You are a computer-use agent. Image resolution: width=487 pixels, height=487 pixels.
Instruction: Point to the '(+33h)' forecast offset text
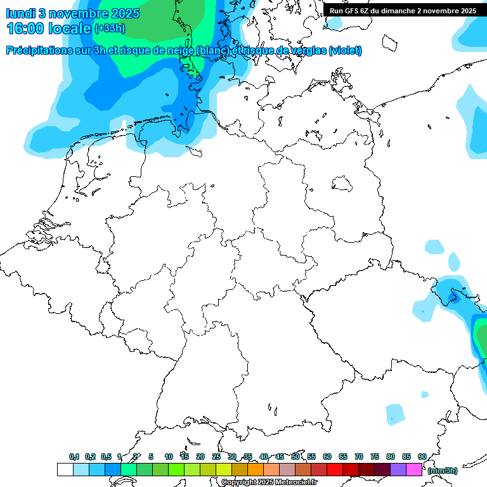(x=110, y=29)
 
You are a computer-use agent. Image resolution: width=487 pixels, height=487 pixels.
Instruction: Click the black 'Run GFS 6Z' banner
(x=403, y=10)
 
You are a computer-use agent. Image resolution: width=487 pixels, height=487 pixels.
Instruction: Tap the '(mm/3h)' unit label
(x=443, y=470)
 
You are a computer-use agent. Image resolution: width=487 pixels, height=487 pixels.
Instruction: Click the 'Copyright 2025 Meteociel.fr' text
(x=269, y=482)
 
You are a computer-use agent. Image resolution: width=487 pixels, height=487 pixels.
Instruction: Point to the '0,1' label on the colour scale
(x=74, y=457)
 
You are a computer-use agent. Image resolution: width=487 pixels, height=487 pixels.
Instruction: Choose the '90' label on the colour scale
(x=422, y=457)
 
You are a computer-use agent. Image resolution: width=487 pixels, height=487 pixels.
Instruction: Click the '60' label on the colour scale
(x=327, y=457)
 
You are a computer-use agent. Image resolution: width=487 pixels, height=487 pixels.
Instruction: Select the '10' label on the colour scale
(x=169, y=457)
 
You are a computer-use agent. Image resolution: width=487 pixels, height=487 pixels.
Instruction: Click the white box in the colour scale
(x=65, y=469)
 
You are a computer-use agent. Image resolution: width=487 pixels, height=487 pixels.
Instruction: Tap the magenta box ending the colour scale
(x=413, y=469)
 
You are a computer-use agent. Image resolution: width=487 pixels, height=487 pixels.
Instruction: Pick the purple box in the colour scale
(x=398, y=469)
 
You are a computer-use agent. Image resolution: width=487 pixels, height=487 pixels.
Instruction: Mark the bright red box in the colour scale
(x=334, y=469)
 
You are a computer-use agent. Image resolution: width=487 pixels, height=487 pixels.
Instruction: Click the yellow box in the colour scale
(x=223, y=469)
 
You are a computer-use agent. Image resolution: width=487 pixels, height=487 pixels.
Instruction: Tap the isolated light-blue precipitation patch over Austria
(x=396, y=414)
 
